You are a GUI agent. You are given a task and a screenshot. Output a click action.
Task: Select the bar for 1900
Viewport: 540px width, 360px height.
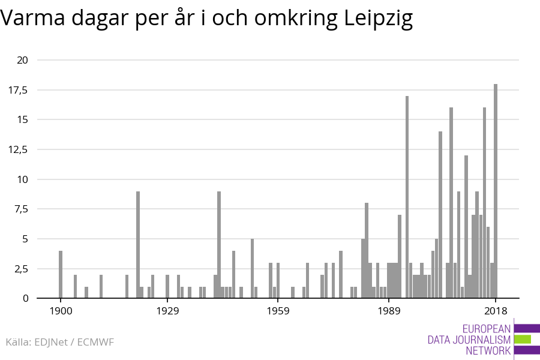point(61,274)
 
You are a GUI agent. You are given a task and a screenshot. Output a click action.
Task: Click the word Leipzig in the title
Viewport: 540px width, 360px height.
point(379,20)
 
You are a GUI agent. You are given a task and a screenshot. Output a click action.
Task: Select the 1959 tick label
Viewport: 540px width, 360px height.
point(278,311)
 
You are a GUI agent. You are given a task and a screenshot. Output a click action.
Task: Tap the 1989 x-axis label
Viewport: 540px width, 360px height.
point(389,311)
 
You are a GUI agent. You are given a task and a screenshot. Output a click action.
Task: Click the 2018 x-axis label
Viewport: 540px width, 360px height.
point(496,311)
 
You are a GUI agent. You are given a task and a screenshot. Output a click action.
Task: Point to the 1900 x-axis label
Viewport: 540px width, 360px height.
point(61,311)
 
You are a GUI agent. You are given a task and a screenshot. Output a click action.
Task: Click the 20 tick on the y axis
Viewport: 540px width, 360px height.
point(23,60)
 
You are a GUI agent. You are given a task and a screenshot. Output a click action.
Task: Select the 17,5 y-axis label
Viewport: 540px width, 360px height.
point(19,90)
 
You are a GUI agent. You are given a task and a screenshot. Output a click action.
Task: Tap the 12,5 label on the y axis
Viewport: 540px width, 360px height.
point(19,149)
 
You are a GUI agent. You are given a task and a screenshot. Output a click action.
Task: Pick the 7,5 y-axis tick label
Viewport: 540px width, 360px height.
point(21,209)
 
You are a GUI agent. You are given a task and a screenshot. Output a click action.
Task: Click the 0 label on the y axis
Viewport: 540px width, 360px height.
point(26,298)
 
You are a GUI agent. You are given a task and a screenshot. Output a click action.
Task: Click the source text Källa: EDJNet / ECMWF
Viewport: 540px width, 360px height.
point(59,342)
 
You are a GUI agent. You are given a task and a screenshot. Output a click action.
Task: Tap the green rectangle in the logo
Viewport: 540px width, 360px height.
point(523,339)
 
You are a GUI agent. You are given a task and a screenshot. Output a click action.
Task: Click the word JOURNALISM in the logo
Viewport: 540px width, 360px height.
point(469,340)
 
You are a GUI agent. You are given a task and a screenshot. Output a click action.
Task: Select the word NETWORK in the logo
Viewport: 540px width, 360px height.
point(488,351)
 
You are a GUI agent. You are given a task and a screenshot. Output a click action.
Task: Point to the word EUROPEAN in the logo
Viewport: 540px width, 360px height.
point(486,329)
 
